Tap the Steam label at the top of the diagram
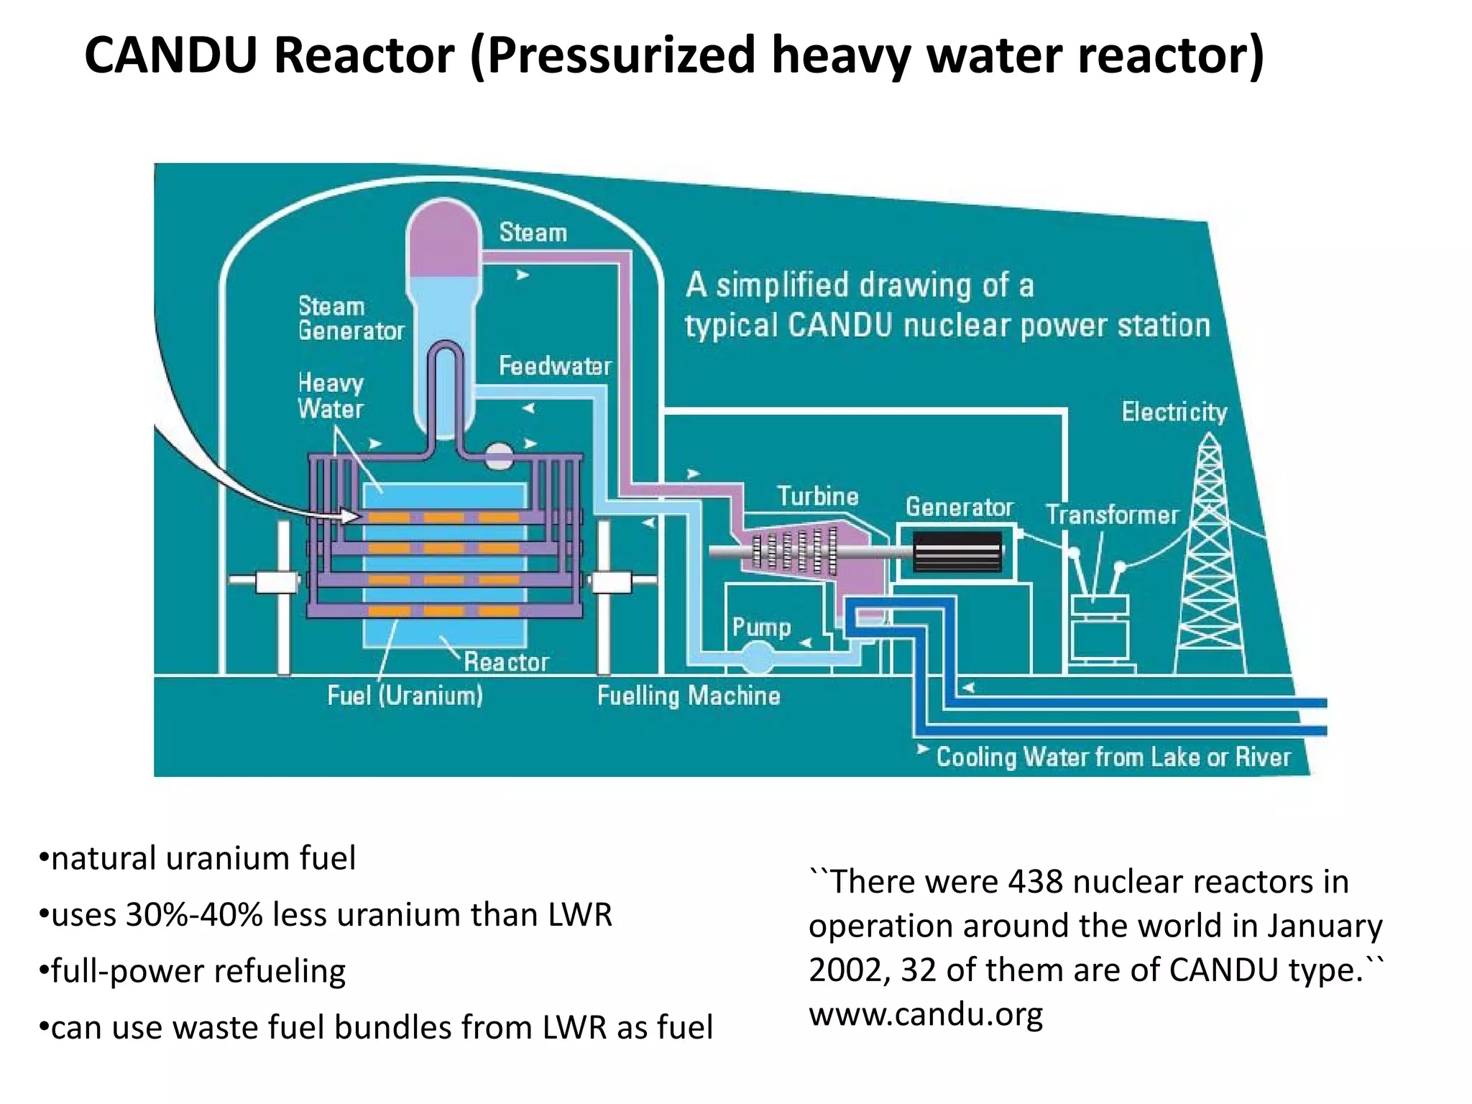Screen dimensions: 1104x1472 point(533,233)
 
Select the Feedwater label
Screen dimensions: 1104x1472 point(555,366)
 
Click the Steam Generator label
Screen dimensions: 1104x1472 point(351,318)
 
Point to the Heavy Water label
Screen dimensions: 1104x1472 point(331,396)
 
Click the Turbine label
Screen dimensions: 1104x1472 point(817,497)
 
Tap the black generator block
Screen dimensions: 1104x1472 point(957,551)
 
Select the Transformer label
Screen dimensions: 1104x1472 point(1112,515)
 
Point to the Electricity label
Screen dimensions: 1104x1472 point(1174,412)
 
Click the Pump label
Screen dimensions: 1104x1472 point(761,627)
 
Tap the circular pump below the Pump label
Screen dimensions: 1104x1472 point(758,656)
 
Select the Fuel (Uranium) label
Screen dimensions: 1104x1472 point(405,695)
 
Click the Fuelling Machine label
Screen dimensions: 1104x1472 point(689,695)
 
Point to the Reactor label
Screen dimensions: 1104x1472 point(506,661)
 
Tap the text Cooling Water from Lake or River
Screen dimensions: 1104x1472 point(1113,757)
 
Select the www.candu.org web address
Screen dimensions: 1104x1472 point(926,1014)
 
